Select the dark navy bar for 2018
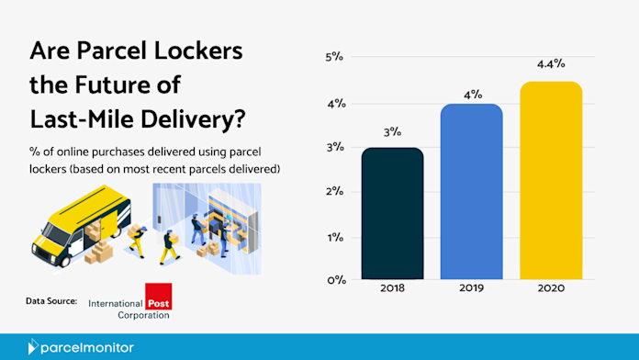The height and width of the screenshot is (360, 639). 392,213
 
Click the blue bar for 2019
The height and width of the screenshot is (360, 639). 472,191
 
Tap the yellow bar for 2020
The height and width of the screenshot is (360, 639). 551,180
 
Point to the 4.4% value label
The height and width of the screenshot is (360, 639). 551,64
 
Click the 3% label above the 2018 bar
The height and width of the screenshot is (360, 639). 392,131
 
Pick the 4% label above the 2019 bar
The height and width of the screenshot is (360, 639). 473,95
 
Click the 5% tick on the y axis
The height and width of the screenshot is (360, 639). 334,57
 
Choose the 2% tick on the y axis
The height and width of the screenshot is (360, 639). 334,191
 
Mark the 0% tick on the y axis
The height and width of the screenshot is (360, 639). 336,280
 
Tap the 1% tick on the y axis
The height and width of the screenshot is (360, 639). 335,237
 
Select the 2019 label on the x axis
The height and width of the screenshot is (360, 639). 472,287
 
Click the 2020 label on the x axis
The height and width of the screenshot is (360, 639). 551,288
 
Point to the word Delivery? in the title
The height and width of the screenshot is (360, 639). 193,119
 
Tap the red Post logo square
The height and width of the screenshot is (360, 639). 159,297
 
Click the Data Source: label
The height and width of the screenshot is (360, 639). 51,301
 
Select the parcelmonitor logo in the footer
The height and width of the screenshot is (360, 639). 81,347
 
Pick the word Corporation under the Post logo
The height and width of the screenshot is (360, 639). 143,315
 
